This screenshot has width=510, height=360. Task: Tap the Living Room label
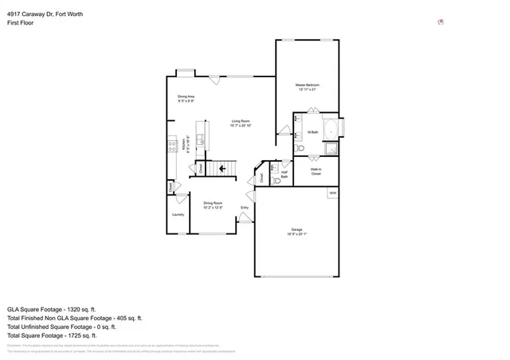pyautogui.click(x=241, y=123)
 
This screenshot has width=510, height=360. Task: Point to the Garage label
pyautogui.click(x=296, y=233)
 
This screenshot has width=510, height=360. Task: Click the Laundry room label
pyautogui.click(x=178, y=214)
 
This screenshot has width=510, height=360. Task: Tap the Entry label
pyautogui.click(x=245, y=208)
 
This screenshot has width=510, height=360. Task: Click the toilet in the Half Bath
pyautogui.click(x=277, y=181)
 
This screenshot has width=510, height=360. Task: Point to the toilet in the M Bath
pyautogui.click(x=300, y=148)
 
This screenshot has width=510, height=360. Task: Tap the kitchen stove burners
pyautogui.click(x=171, y=144)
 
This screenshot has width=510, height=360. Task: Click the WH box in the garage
pyautogui.click(x=332, y=193)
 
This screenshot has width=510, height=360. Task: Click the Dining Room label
pyautogui.click(x=212, y=205)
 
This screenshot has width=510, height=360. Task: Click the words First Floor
pyautogui.click(x=19, y=23)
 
